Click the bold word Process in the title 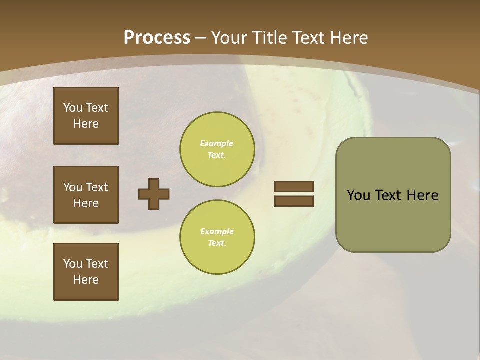click(157, 37)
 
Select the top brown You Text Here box click(86, 116)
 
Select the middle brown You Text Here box click(86, 195)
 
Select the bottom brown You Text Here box click(86, 272)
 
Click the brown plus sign click(154, 194)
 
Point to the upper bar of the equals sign click(294, 186)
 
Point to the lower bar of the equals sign click(294, 201)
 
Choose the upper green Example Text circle click(217, 149)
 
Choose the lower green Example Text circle click(217, 237)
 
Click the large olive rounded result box click(393, 195)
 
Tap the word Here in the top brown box click(86, 124)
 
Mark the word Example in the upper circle click(217, 143)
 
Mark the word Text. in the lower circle click(217, 243)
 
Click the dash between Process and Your click(201, 37)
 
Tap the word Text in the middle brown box click(97, 187)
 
